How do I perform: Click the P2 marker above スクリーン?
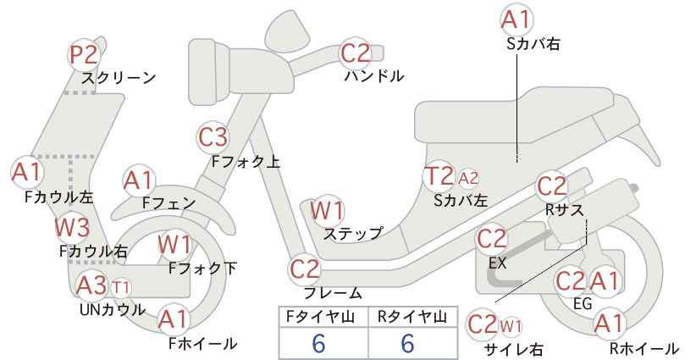click(84, 55)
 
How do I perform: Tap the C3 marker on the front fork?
click(213, 136)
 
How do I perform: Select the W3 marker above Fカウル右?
click(72, 227)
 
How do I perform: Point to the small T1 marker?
click(121, 288)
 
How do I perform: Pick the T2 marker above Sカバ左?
click(439, 176)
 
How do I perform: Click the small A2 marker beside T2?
click(468, 178)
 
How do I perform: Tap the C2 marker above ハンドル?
click(356, 53)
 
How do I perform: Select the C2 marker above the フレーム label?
click(305, 269)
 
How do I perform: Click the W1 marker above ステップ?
click(327, 210)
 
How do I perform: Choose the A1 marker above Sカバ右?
click(516, 19)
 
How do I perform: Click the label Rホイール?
click(644, 348)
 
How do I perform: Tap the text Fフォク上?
click(246, 161)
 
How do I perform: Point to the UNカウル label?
click(113, 309)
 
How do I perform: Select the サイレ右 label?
click(514, 349)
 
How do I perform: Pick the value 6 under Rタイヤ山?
click(407, 343)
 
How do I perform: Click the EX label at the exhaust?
click(497, 263)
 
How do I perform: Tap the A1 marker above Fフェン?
click(139, 181)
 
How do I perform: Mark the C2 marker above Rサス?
click(552, 186)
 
